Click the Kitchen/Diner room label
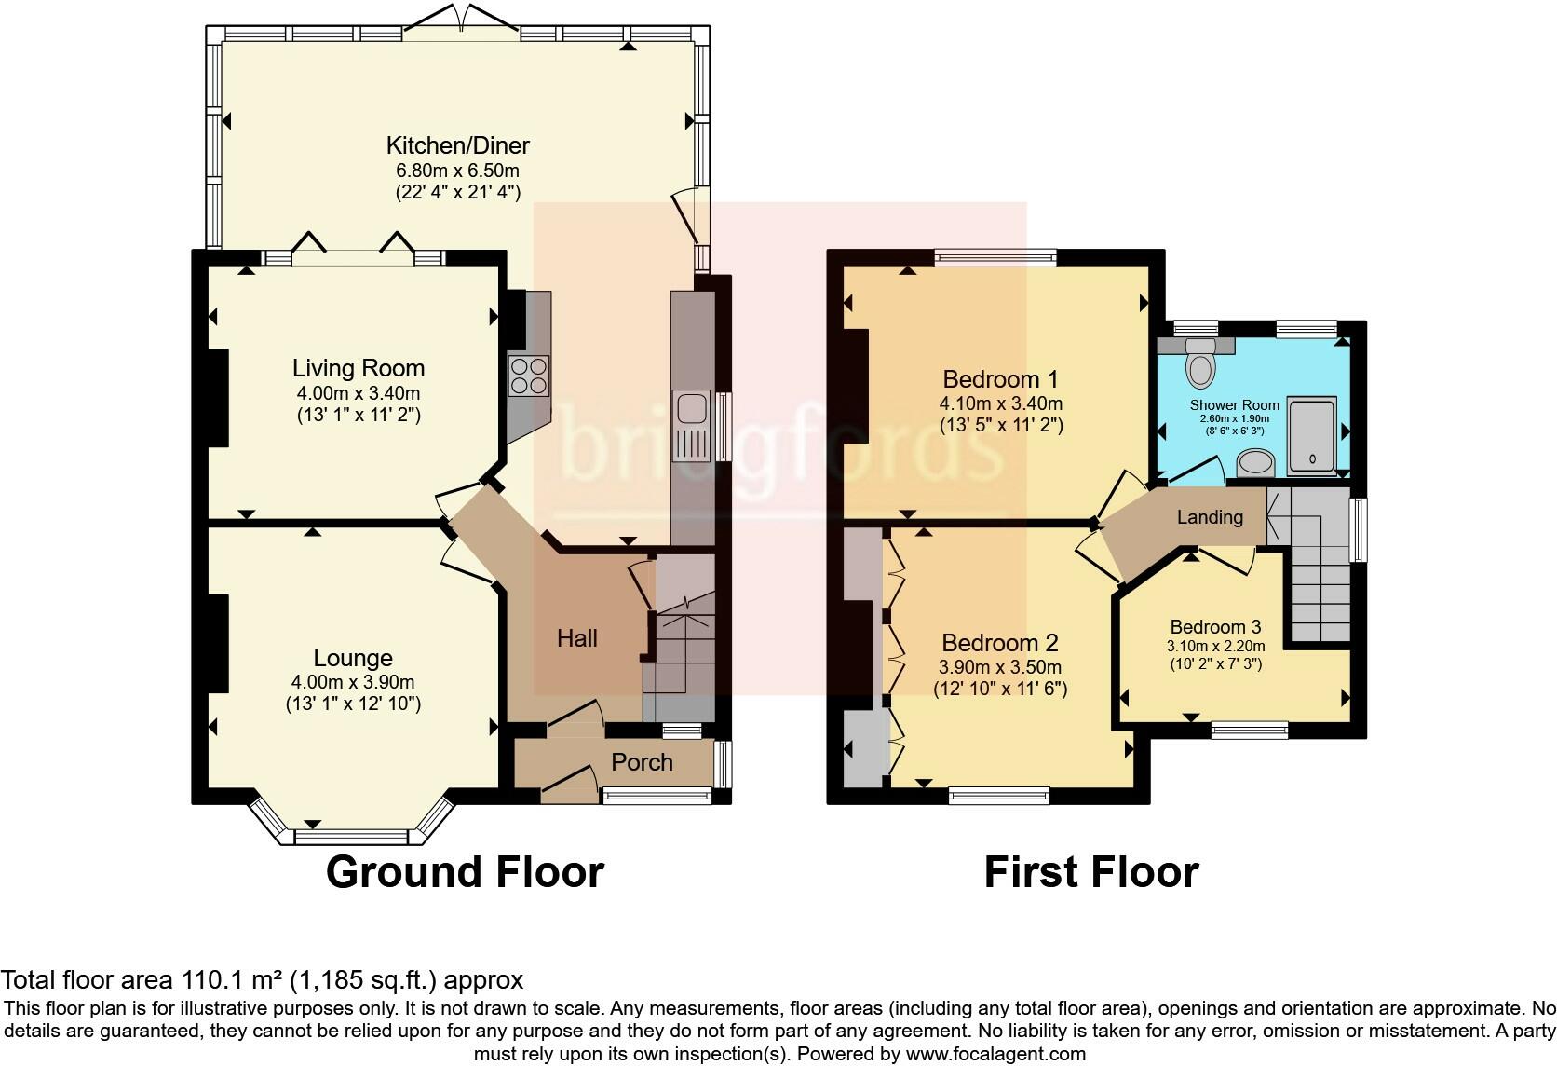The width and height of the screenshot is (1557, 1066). (457, 146)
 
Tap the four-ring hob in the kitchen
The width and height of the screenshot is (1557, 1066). (529, 376)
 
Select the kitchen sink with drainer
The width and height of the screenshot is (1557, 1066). (691, 426)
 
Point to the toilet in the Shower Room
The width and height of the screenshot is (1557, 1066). (1200, 362)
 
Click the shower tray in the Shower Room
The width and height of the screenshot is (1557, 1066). (1312, 437)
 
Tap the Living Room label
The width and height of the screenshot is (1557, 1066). (358, 368)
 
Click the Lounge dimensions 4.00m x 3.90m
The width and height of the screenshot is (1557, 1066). (353, 682)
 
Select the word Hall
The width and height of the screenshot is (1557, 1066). (577, 638)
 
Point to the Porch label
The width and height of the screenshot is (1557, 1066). (642, 762)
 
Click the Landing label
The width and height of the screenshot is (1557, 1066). (1210, 517)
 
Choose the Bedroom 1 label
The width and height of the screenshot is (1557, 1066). (1000, 379)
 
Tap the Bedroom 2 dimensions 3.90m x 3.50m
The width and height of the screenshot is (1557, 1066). (999, 667)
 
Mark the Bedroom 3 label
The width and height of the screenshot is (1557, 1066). (1215, 627)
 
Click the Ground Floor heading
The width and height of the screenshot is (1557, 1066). (465, 873)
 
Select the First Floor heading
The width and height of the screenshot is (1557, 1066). (1091, 873)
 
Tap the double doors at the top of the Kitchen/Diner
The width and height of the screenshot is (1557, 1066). (462, 20)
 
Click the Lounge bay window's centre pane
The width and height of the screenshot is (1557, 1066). (351, 836)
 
